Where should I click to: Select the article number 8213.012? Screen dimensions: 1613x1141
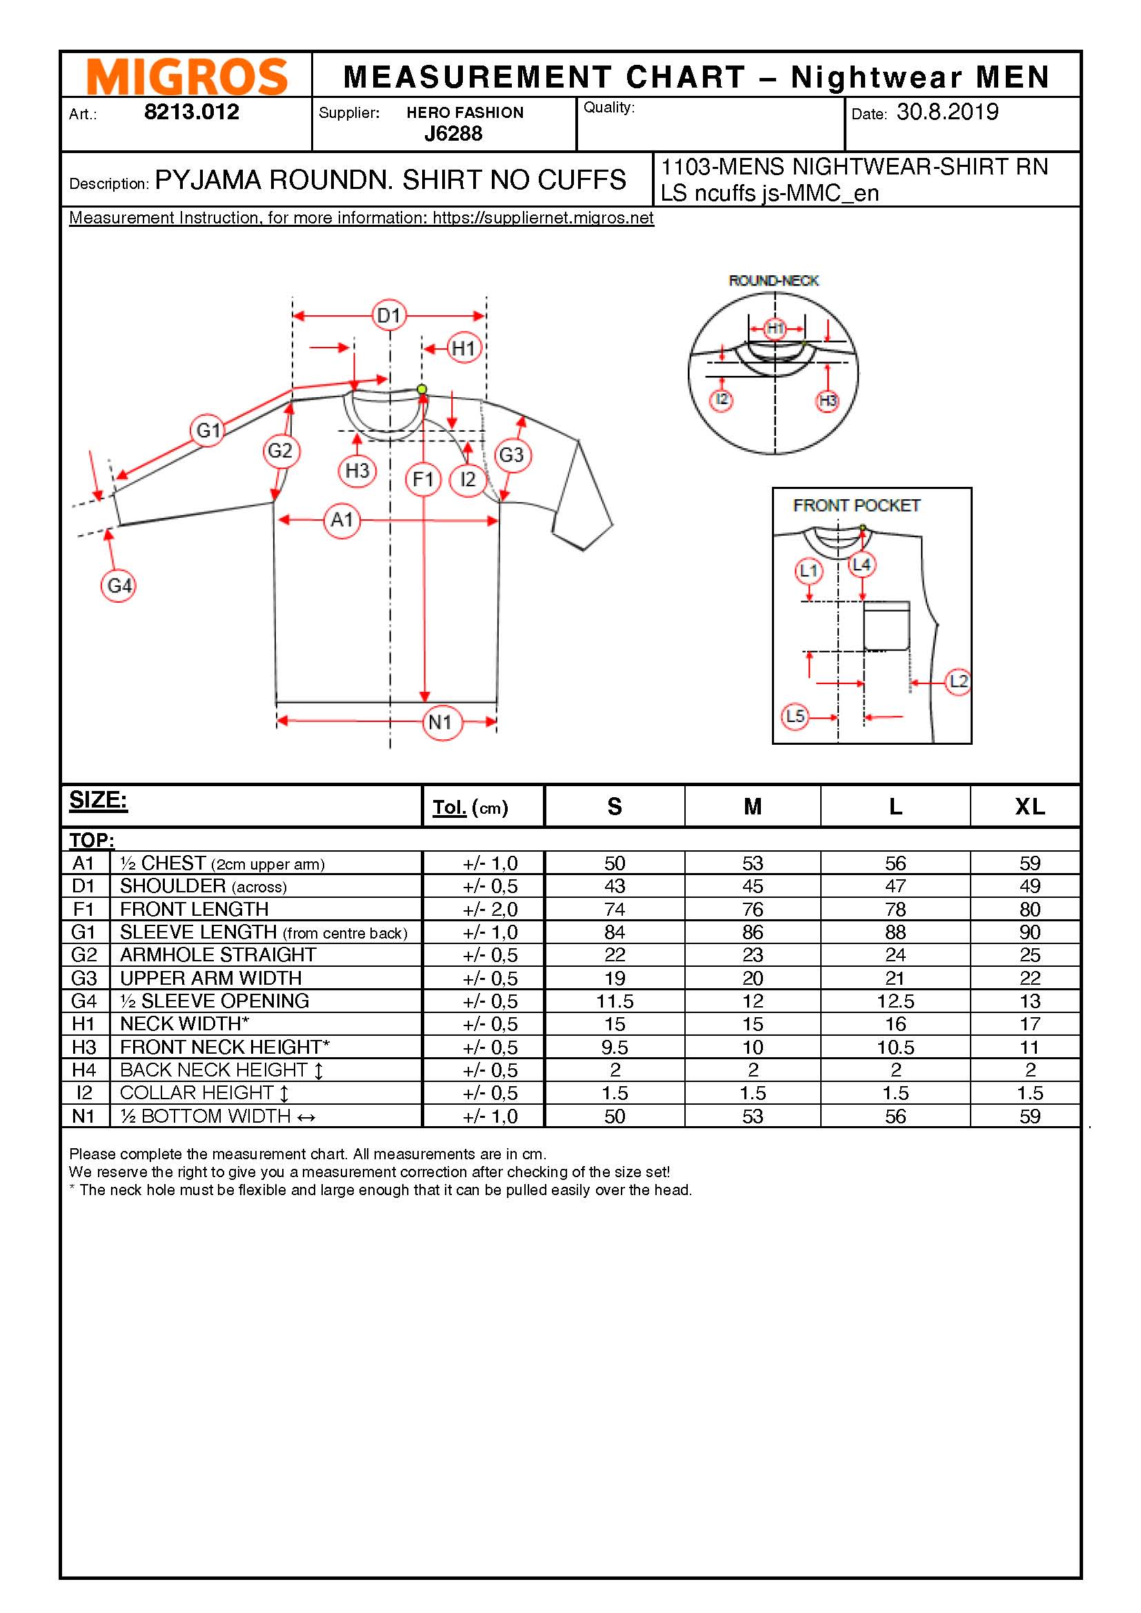(x=191, y=112)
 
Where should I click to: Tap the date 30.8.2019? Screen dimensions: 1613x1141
(x=947, y=112)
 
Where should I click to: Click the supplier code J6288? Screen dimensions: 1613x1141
(x=453, y=134)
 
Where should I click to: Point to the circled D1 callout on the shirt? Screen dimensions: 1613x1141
(x=389, y=315)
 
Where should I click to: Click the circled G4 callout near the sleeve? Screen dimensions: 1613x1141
(x=119, y=585)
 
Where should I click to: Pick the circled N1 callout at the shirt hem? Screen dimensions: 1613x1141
(x=442, y=721)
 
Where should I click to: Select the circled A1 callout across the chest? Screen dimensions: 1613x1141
(x=342, y=520)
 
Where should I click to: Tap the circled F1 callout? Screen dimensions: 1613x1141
(x=423, y=479)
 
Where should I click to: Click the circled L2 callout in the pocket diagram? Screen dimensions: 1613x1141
(x=958, y=681)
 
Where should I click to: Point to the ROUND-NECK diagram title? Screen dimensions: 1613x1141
(x=773, y=281)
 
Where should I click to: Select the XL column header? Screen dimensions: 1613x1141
(x=1029, y=807)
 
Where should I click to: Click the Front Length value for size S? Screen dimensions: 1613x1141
(x=614, y=910)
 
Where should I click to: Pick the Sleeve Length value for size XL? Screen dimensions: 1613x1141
(x=1029, y=932)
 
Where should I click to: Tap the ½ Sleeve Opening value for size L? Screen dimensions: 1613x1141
(x=895, y=1001)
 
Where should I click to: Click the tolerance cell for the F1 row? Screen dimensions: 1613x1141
(x=490, y=910)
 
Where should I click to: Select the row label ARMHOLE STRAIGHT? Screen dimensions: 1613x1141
(x=218, y=954)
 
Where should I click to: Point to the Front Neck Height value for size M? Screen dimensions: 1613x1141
(x=753, y=1048)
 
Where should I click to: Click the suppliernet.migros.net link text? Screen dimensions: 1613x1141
(x=542, y=218)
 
